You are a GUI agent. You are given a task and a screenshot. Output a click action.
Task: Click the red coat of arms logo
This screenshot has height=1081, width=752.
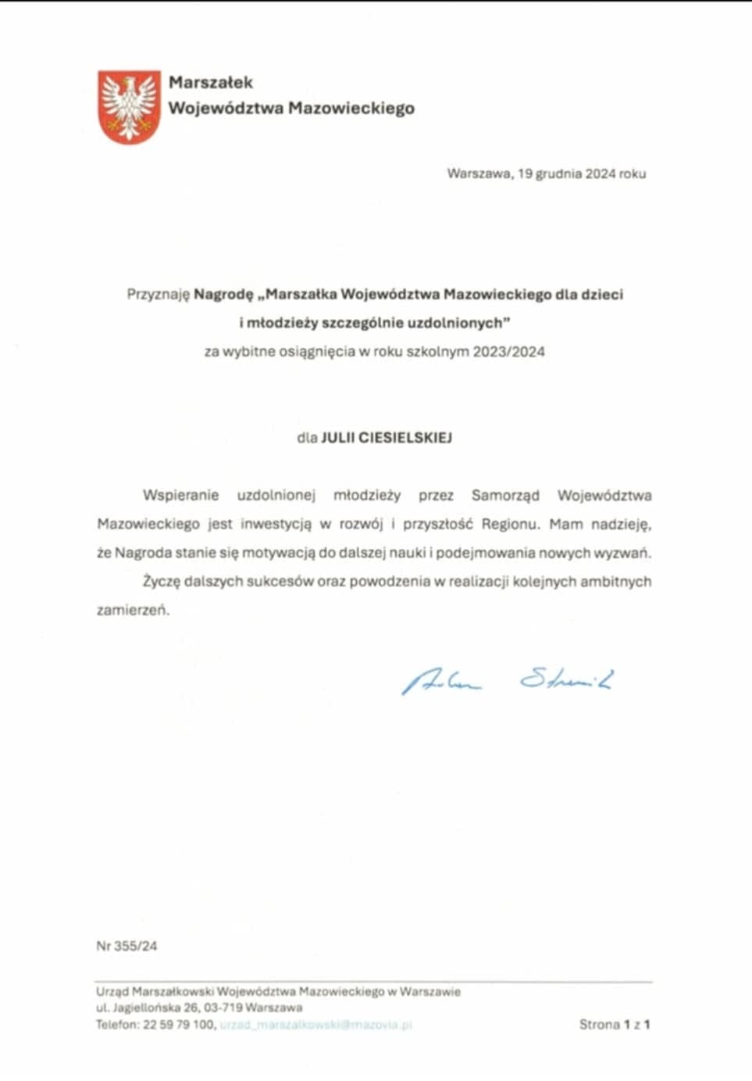(x=129, y=106)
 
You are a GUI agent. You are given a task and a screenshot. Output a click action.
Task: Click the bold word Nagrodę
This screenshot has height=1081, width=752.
(x=224, y=295)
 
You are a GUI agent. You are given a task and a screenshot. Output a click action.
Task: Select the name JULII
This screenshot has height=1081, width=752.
(x=337, y=438)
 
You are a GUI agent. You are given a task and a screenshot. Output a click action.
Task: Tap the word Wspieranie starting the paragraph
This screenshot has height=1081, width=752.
(x=180, y=496)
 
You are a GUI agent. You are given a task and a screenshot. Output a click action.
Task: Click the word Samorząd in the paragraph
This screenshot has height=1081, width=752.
(x=505, y=496)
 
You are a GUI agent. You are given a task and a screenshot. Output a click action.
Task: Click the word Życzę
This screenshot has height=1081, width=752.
(x=162, y=582)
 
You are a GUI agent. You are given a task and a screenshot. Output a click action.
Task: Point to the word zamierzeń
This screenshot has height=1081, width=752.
(x=133, y=610)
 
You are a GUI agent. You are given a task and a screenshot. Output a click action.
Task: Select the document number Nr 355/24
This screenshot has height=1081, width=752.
(x=127, y=946)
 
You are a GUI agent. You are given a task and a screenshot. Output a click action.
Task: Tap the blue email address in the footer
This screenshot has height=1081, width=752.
(x=315, y=1024)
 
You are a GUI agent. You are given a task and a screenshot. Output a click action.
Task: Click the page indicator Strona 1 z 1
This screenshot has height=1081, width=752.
(x=615, y=1024)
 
